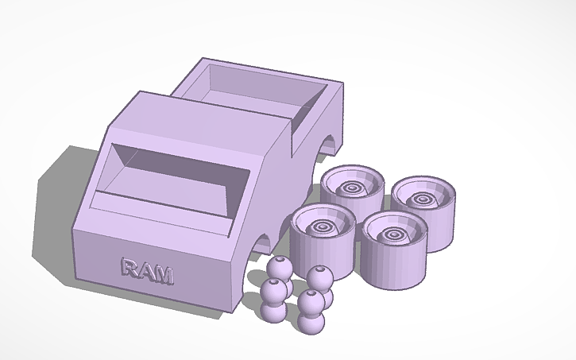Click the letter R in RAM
click(130, 268)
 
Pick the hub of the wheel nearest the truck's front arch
click(324, 227)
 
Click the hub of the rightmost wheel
click(426, 197)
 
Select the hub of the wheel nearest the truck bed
click(353, 188)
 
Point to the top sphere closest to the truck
click(277, 269)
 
